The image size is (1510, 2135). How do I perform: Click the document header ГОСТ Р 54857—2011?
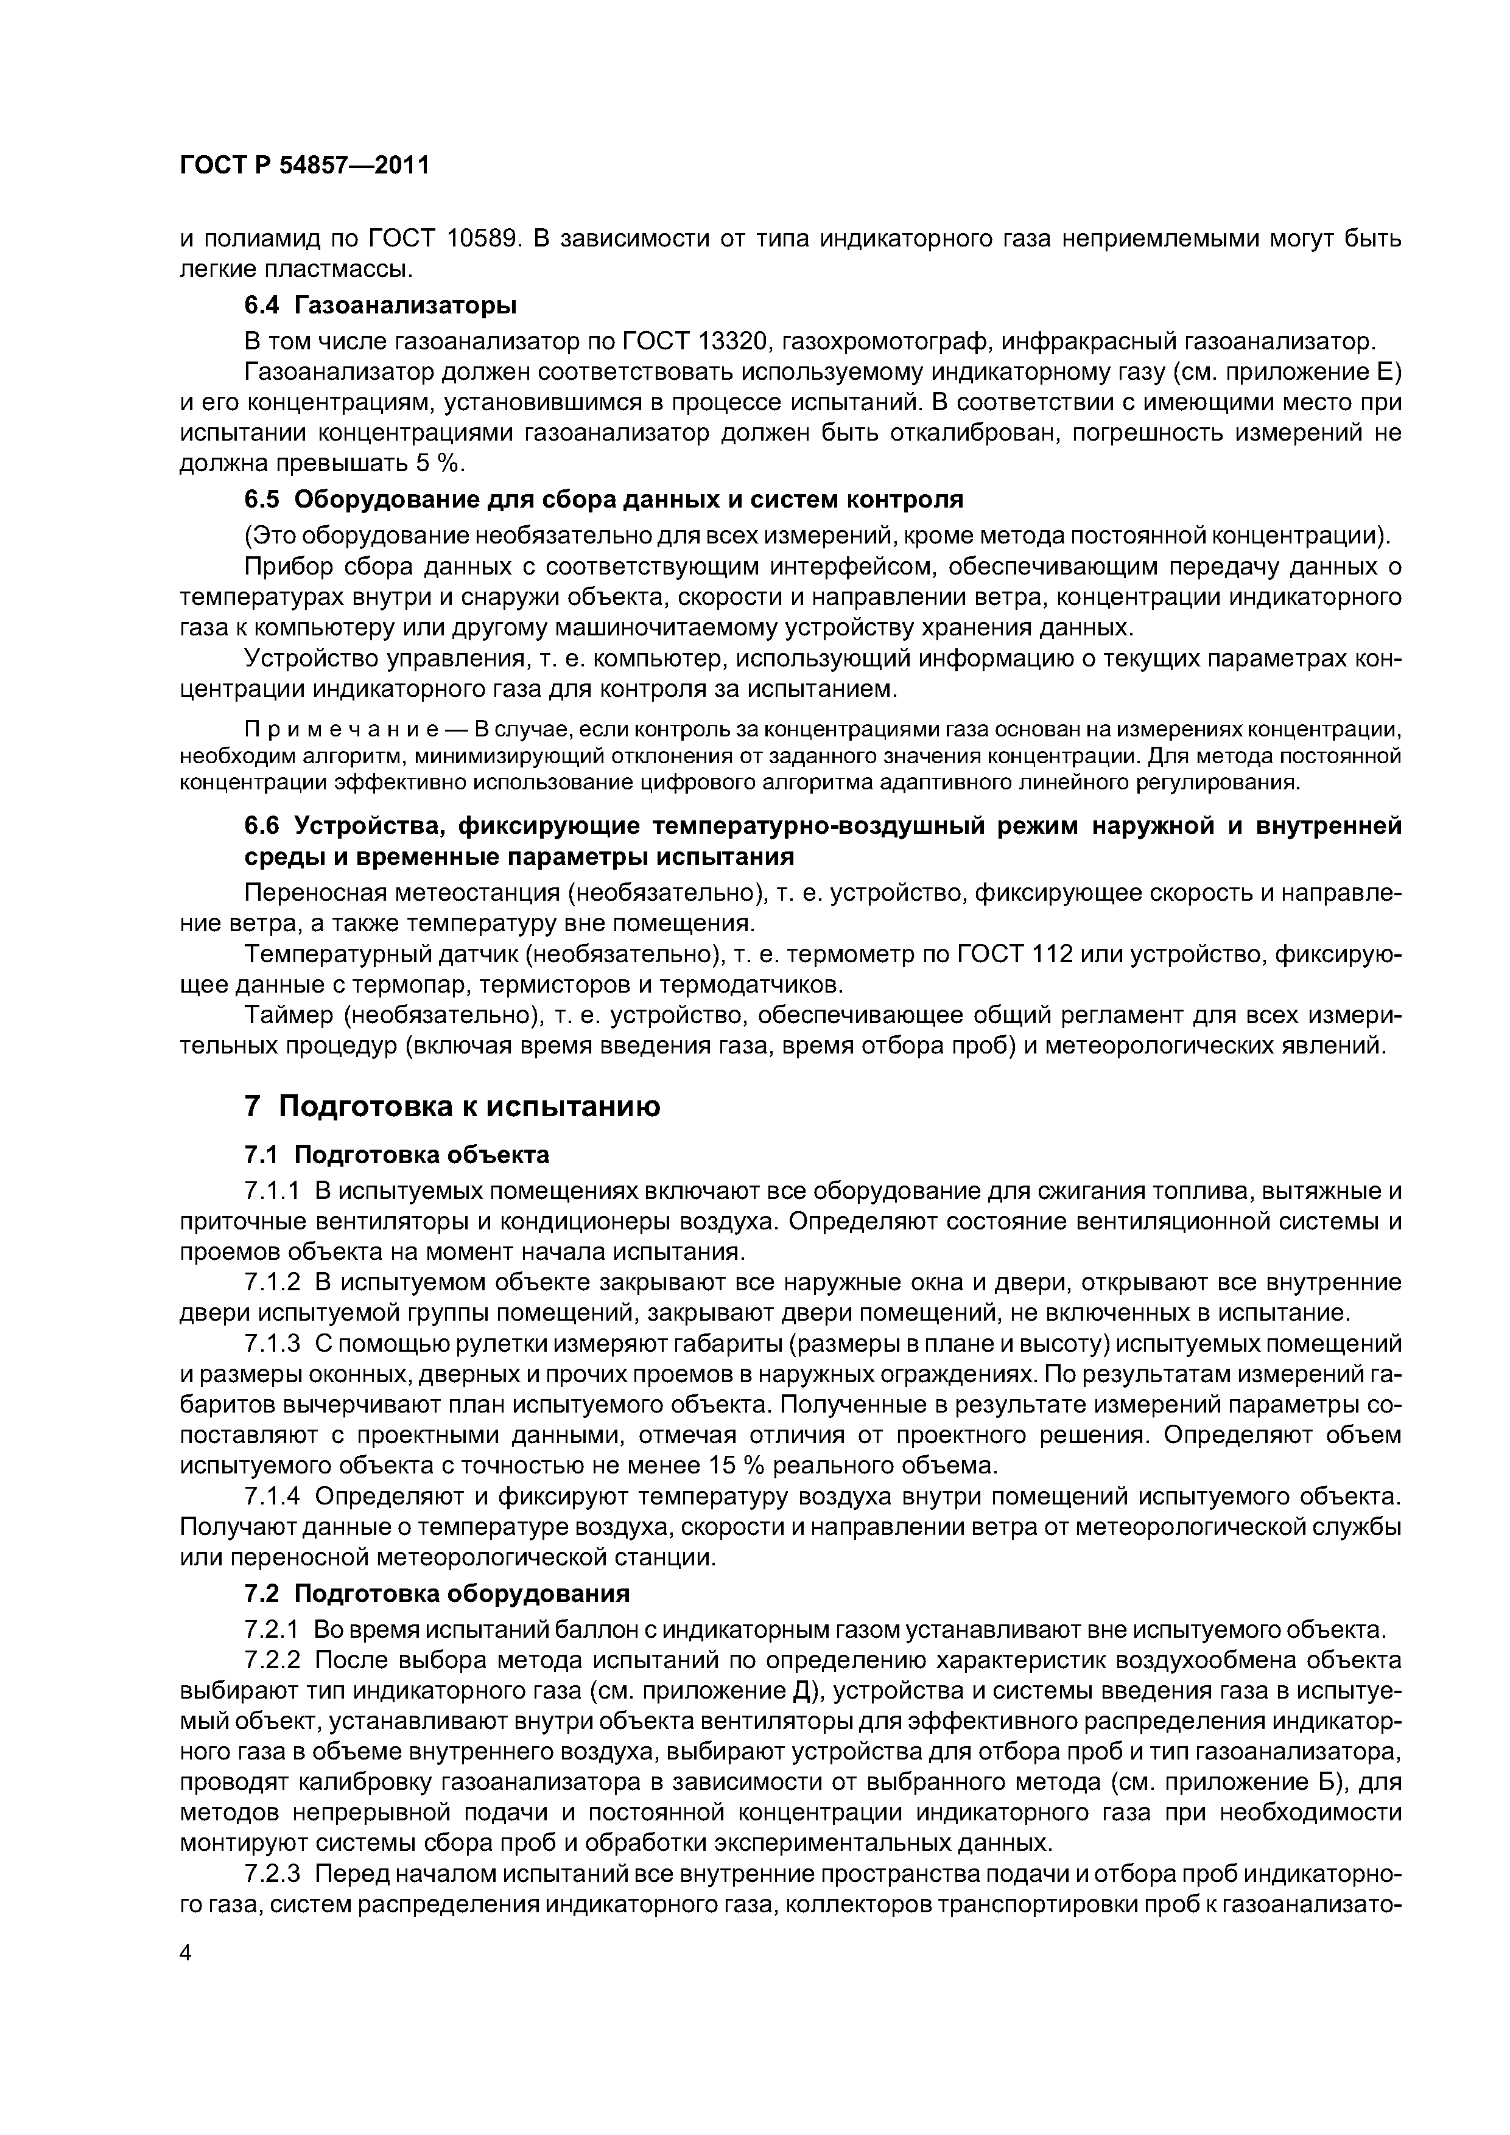pyautogui.click(x=304, y=166)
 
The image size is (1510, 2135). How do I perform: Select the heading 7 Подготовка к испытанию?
pyautogui.click(x=452, y=1106)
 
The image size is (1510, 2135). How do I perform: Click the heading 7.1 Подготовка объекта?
pyautogui.click(x=396, y=1155)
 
